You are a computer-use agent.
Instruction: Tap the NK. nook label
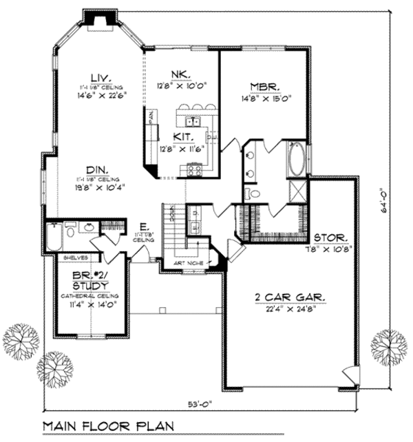182,74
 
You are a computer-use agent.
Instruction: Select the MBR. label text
264,87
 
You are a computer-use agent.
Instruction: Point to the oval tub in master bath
297,159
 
